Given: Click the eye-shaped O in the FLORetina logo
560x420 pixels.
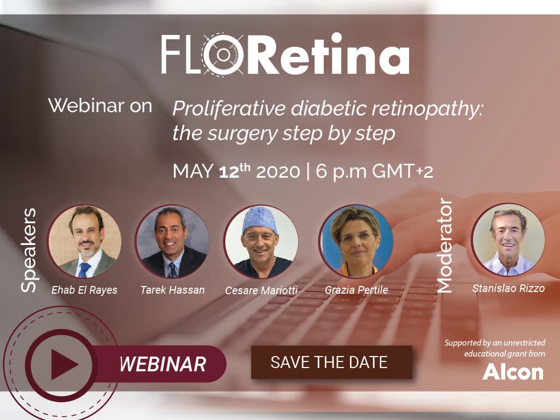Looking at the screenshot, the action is (223, 54).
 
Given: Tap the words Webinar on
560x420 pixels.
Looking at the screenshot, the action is (100, 106).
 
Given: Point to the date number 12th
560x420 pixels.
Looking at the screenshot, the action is (235, 171).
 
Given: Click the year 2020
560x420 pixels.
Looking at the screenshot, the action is (278, 171).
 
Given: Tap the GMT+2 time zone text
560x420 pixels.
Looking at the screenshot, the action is (402, 171).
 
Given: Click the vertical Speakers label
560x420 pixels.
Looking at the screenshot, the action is (28, 250).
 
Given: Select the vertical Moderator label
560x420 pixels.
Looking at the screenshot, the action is (445, 246).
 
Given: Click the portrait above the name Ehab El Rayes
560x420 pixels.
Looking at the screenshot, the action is (85, 241).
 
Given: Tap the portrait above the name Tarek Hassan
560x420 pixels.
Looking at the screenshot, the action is (172, 241).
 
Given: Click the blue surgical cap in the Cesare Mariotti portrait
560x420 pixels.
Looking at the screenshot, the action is (260, 220).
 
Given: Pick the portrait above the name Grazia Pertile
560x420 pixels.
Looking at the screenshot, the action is (356, 241).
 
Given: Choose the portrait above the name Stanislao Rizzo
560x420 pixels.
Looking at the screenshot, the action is (508, 240).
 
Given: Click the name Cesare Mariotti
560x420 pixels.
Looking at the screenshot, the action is (261, 290).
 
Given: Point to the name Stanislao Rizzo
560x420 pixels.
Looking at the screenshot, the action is (509, 288).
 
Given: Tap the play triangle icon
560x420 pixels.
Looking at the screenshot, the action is (65, 365).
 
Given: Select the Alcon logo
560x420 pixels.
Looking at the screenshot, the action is (513, 372).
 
